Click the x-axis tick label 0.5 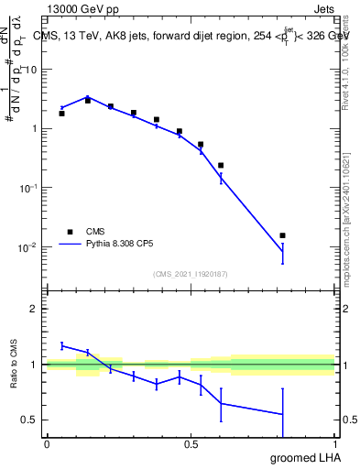click(191, 444)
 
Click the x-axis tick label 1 click(334, 444)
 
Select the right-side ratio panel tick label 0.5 click(348, 420)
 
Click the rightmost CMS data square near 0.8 click(282, 235)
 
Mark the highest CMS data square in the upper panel click(88, 101)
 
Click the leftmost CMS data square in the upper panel click(61, 114)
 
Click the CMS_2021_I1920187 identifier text click(190, 274)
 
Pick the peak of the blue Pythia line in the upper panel click(88, 96)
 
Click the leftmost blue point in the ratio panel click(61, 345)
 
